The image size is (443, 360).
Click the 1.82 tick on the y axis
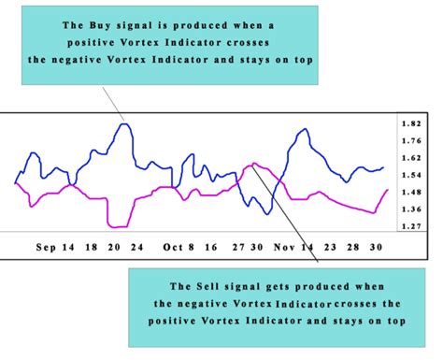pyautogui.click(x=409, y=124)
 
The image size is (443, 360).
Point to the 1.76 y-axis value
pyautogui.click(x=409, y=141)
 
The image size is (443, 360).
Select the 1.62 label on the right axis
pyautogui.click(x=409, y=158)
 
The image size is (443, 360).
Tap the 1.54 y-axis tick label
pyautogui.click(x=409, y=175)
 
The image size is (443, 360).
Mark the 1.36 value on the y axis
pyautogui.click(x=409, y=209)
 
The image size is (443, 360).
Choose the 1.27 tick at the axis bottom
pyautogui.click(x=409, y=225)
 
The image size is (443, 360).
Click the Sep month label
pyautogui.click(x=47, y=249)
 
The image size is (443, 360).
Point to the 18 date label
pyautogui.click(x=90, y=249)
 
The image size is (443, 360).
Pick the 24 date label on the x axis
pyautogui.click(x=136, y=249)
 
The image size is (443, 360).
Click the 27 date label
pyautogui.click(x=238, y=249)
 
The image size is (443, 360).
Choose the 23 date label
pyautogui.click(x=329, y=249)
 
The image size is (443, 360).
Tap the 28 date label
pyautogui.click(x=353, y=249)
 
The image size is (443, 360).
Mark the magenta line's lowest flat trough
pyautogui.click(x=118, y=226)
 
